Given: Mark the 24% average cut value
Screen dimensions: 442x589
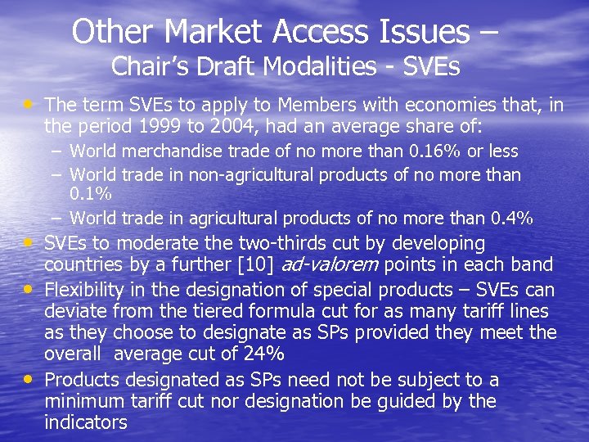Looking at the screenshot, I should [x=264, y=355].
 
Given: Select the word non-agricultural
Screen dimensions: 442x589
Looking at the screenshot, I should [x=251, y=174].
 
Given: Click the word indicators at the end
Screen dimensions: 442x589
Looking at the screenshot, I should [x=86, y=422].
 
